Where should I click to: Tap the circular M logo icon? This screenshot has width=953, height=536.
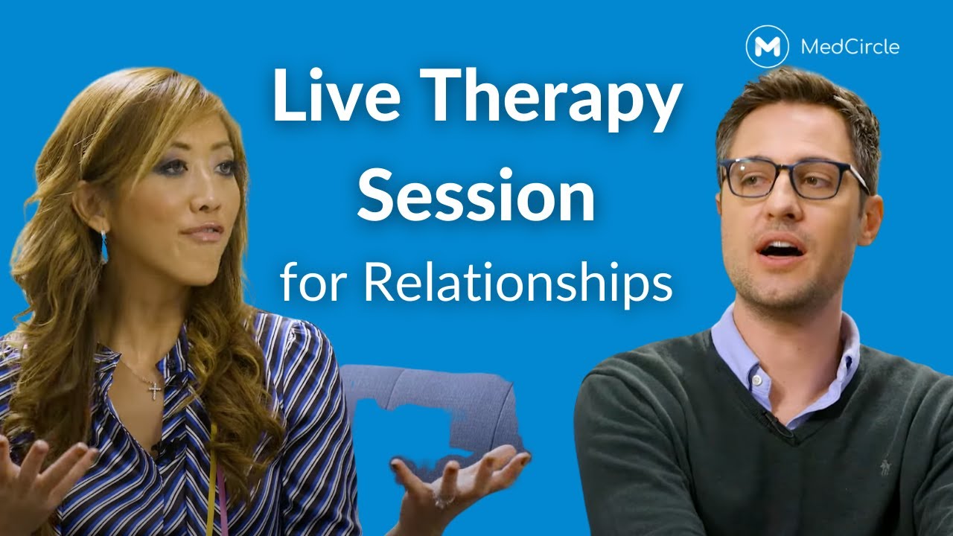pos(767,46)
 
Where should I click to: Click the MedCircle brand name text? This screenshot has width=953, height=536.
pos(850,47)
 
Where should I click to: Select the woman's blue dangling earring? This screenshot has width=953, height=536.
pos(104,247)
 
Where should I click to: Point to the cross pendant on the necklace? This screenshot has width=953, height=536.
pos(154,389)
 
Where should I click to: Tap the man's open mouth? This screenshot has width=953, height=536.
pos(779,248)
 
